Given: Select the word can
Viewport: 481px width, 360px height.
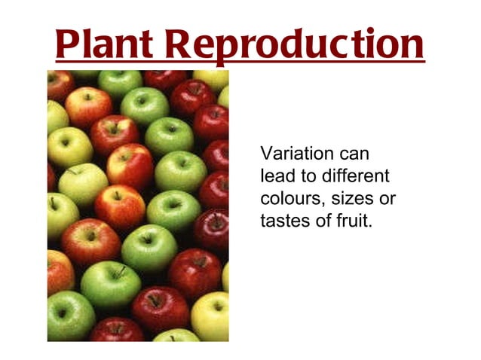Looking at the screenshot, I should click(353, 154).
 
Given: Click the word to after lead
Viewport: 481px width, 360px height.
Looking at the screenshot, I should click(305, 177).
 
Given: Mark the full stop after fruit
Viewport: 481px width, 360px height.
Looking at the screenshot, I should click(370, 227).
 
